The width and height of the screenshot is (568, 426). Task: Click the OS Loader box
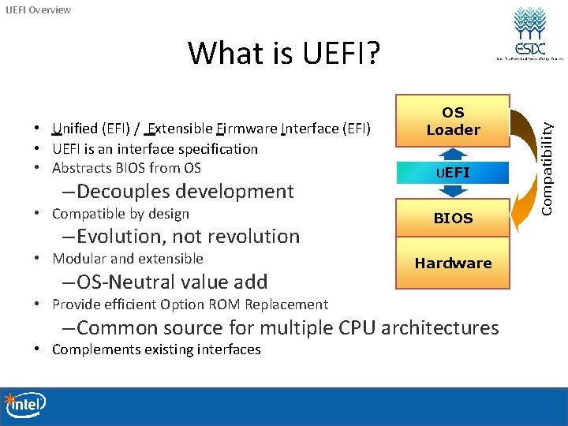[x=453, y=121]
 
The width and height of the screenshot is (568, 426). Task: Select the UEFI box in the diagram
[x=453, y=172]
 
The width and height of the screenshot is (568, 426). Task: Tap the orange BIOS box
[x=453, y=218]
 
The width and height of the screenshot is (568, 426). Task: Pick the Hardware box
[x=453, y=263]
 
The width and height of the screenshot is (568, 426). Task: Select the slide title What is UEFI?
[x=284, y=54]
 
